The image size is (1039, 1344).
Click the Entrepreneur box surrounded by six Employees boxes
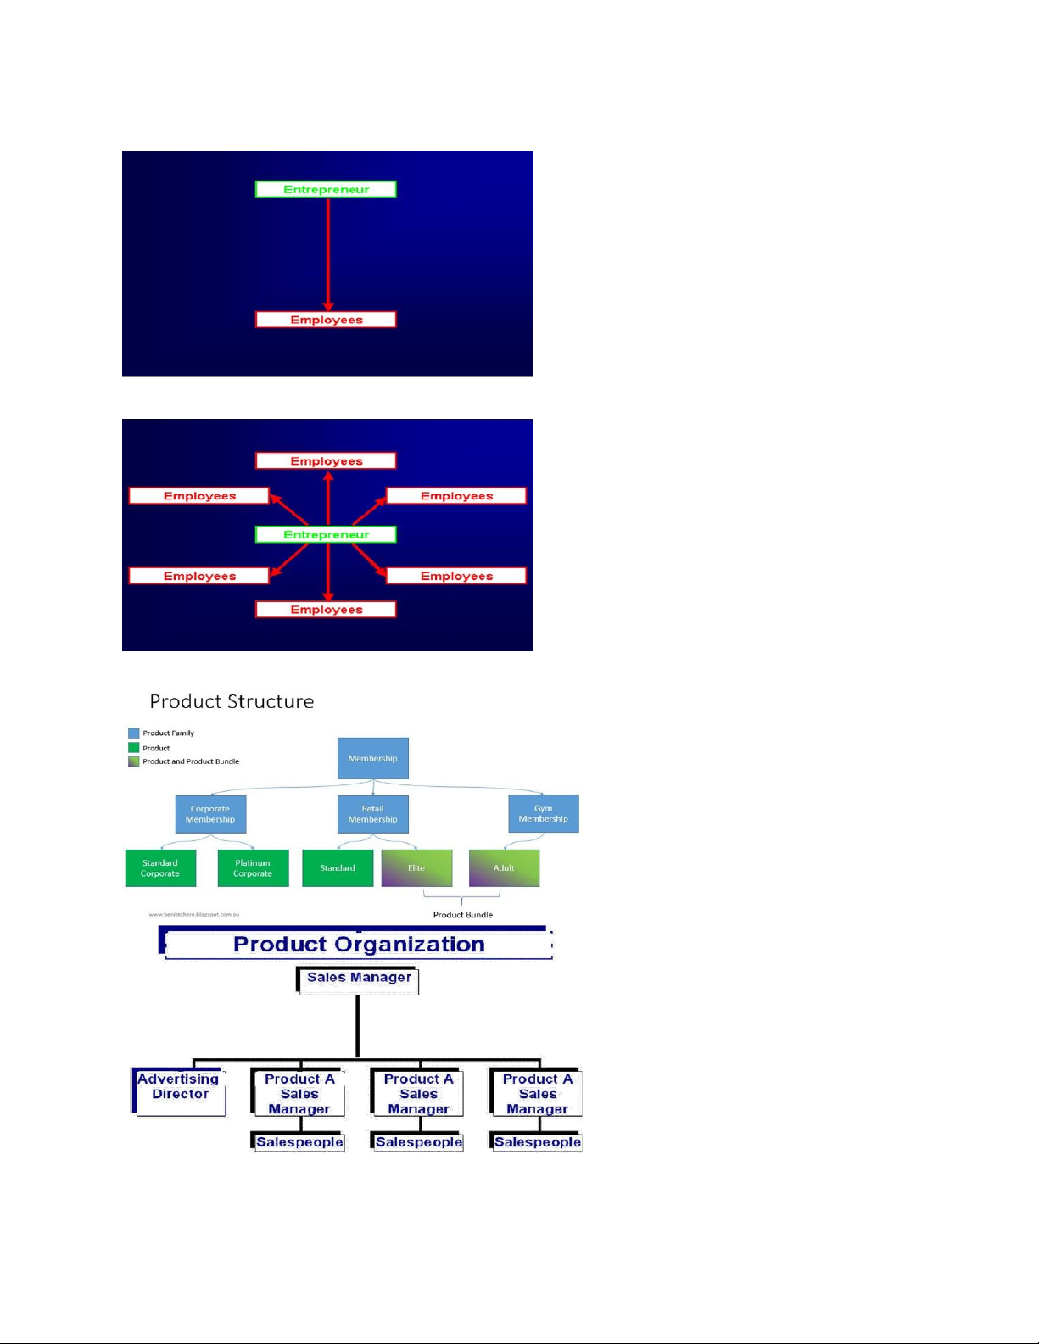[326, 534]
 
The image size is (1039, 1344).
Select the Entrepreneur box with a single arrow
[326, 189]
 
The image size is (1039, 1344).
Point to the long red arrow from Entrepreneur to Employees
[328, 254]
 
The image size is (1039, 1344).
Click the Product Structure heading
[232, 701]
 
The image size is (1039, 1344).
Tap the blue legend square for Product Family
[133, 733]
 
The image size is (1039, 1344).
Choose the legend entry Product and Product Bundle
[190, 761]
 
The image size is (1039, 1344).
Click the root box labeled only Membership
[372, 758]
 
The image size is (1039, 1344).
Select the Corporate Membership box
[210, 814]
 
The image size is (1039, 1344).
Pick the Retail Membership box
[372, 814]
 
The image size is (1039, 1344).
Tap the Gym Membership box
[543, 813]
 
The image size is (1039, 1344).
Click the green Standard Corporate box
[160, 868]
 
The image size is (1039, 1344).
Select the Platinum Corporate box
[253, 868]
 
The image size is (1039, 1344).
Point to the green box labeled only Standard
[338, 868]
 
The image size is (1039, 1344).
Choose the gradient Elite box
[416, 868]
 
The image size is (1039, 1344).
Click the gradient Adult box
[504, 868]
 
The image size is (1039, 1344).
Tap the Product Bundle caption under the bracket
[462, 915]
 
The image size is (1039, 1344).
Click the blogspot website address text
[193, 914]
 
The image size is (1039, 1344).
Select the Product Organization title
[359, 944]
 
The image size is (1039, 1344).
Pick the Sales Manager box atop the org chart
[358, 979]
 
